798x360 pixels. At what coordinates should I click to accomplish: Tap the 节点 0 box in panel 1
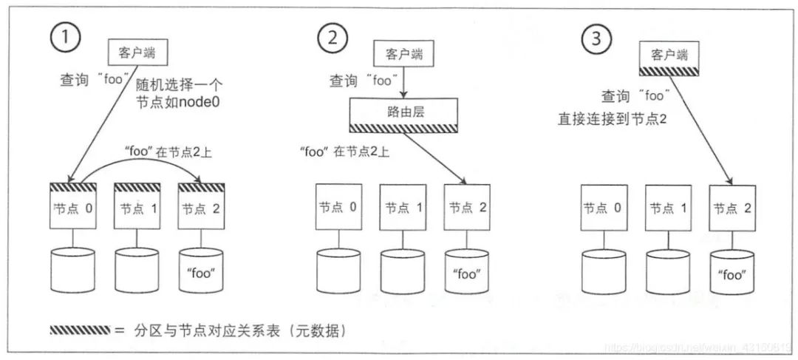72,206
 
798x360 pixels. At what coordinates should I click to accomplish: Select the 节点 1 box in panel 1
137,206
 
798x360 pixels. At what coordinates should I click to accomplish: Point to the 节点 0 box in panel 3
604,208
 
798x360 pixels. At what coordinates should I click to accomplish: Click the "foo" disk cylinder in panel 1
202,271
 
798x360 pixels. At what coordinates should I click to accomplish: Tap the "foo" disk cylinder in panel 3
731,273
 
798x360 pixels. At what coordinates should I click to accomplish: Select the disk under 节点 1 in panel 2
403,271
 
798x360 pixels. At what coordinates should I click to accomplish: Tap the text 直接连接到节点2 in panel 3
613,117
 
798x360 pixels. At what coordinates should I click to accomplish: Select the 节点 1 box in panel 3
668,208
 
